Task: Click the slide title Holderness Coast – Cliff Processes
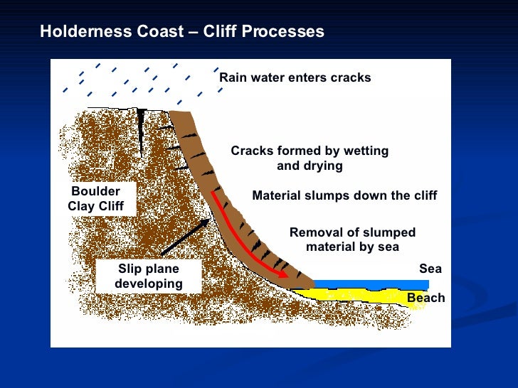coord(181,32)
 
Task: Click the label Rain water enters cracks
coord(295,77)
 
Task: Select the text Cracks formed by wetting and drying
coord(310,158)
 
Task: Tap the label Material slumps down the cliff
coord(344,196)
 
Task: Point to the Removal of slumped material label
coord(352,240)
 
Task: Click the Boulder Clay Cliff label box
coord(96,199)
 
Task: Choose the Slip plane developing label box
coord(149,276)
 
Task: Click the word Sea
coord(430,269)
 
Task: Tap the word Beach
coord(425,298)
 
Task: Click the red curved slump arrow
coord(242,238)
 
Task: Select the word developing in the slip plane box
coord(149,284)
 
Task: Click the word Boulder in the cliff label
coord(96,191)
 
